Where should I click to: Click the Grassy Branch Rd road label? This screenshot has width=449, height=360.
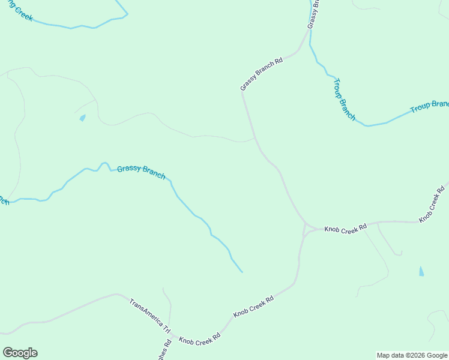coord(262,74)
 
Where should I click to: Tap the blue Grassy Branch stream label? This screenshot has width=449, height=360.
coord(141,172)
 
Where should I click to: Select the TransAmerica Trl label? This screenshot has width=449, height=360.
coord(150,316)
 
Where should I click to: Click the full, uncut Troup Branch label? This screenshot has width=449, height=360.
coord(344,99)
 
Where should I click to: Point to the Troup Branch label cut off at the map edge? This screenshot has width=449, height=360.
coord(429,106)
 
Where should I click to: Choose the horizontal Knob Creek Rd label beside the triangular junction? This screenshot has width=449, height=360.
coord(345,229)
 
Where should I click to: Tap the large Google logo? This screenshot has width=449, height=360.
coord(20,353)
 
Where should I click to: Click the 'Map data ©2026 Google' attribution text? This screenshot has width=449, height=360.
coord(412,355)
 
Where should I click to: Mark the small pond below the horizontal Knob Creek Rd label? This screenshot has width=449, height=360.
coord(421,271)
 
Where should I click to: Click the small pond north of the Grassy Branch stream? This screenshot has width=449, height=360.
coord(82,118)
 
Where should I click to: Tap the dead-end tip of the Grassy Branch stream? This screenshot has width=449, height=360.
coord(242,272)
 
